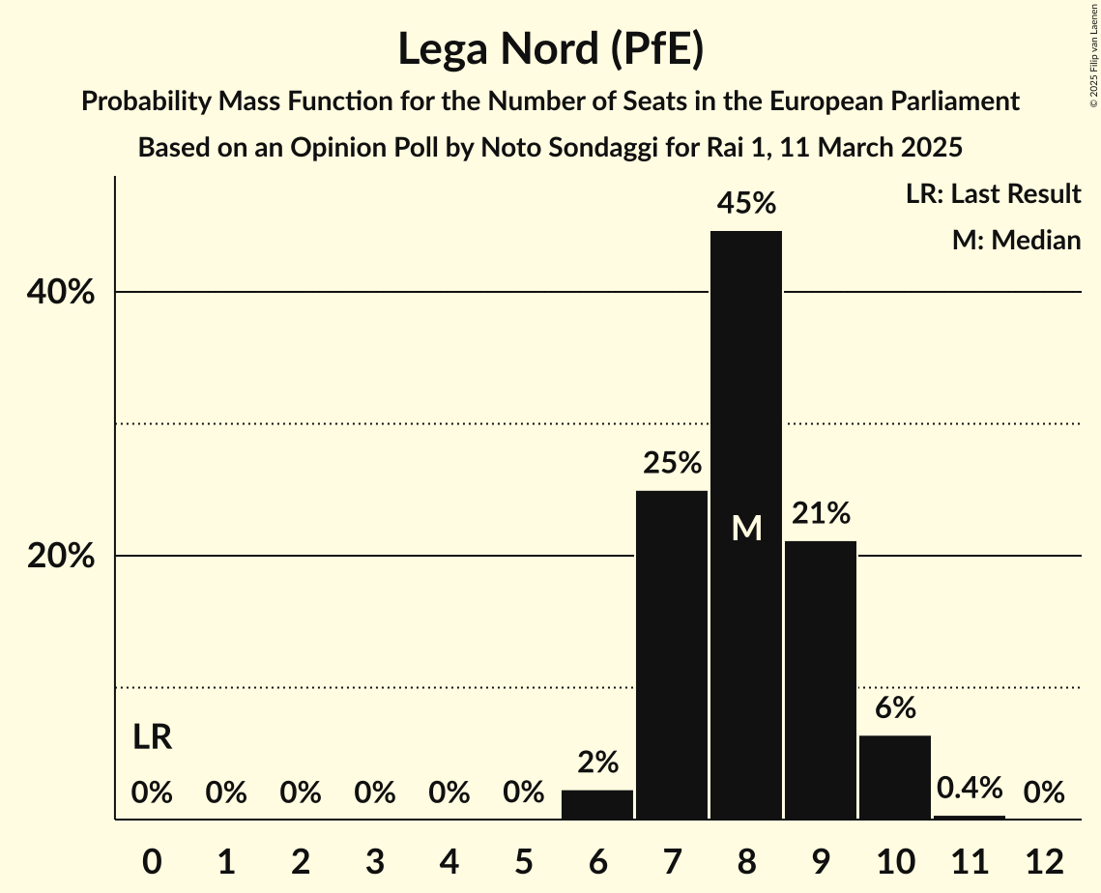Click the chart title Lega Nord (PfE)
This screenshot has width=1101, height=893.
point(550,49)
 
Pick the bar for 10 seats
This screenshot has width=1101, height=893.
point(895,778)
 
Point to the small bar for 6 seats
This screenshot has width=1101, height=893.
point(597,805)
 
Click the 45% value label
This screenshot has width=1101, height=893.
point(746,204)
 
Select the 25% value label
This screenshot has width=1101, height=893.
point(672,464)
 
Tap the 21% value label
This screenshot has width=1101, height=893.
point(821,513)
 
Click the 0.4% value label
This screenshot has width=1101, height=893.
point(970,789)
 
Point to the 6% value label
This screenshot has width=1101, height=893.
point(895,708)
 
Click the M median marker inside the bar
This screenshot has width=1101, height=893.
point(746,528)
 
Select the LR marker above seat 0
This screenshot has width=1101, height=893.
point(152,737)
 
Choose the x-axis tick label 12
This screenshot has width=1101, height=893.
point(1044,861)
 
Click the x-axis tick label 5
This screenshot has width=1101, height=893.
point(523,861)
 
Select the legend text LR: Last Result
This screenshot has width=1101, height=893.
point(993,194)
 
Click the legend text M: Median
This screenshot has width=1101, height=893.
point(1016,240)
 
